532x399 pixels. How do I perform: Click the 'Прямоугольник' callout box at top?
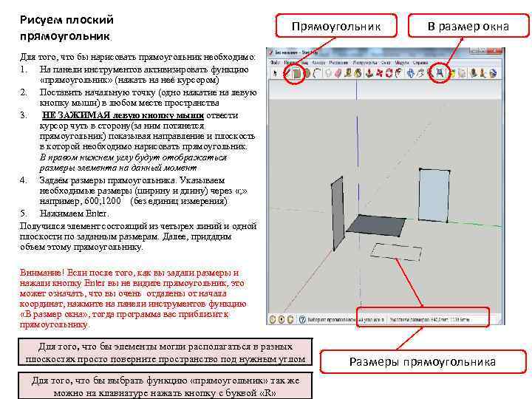point(335,27)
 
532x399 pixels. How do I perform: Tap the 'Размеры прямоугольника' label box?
point(422,361)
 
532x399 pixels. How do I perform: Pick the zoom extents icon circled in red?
point(439,72)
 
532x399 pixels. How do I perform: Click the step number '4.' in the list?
point(25,180)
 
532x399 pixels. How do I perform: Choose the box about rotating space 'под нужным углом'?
point(166,352)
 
